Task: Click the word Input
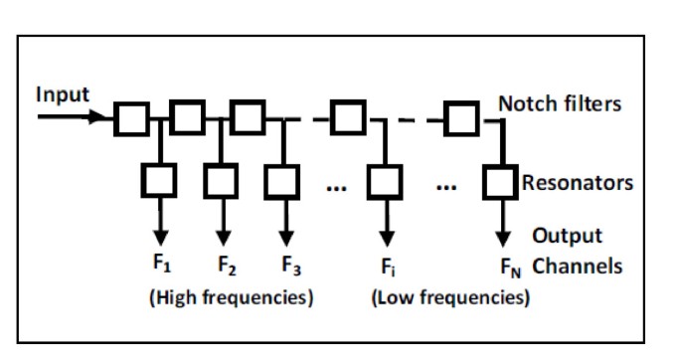point(62,94)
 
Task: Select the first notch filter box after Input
point(130,119)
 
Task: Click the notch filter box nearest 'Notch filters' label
point(460,119)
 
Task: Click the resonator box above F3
point(283,181)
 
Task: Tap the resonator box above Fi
point(382,181)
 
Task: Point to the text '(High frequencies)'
point(232,298)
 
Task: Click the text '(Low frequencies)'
point(449,298)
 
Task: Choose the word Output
point(568,236)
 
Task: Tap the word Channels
point(578,267)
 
